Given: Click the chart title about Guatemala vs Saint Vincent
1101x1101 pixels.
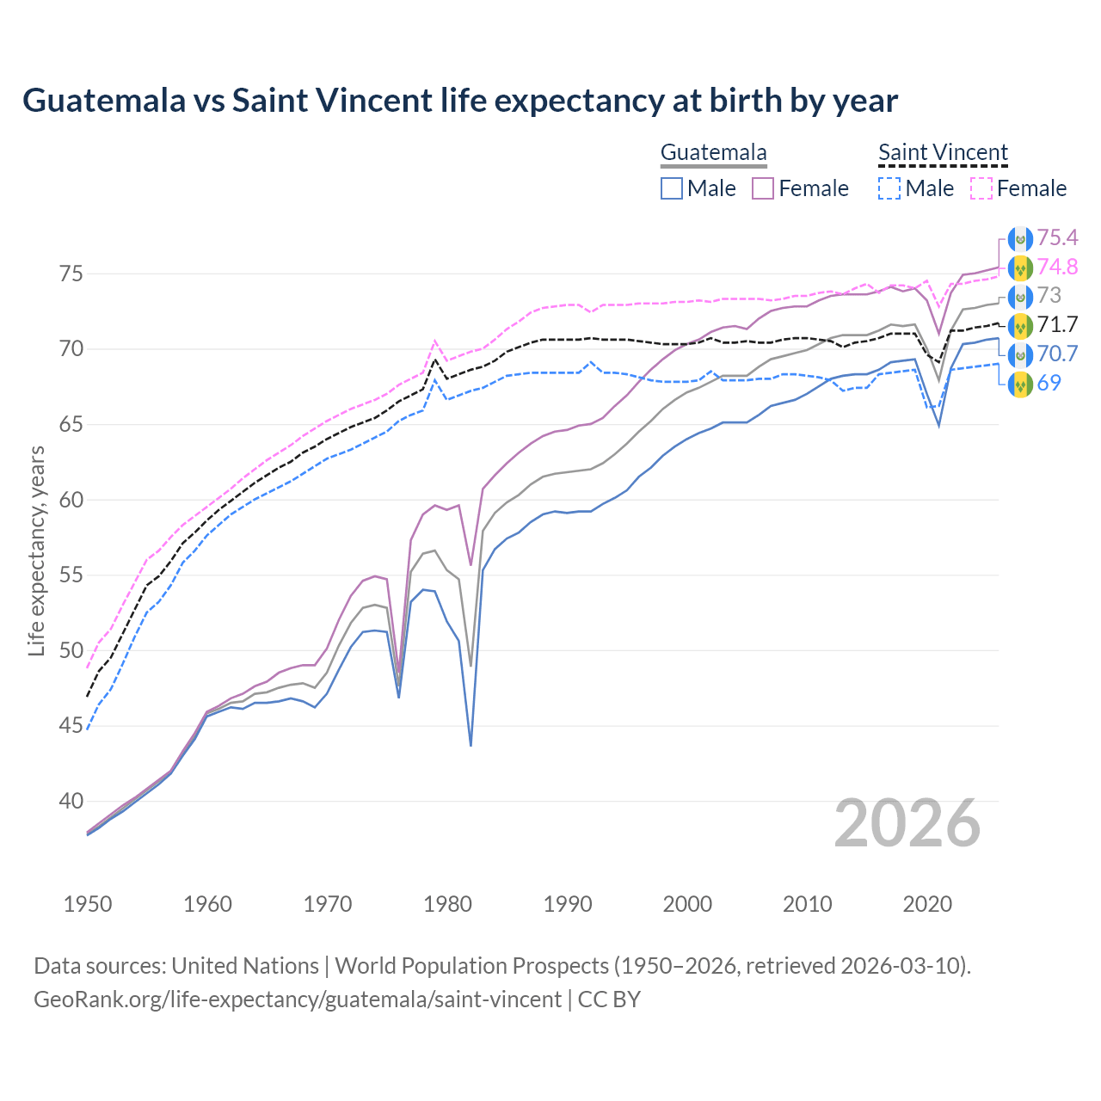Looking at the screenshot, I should coord(460,101).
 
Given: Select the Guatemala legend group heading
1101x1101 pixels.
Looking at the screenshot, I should coord(713,153).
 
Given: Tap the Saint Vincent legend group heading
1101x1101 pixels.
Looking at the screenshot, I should coord(943,153).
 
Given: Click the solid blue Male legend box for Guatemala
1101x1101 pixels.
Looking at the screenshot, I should coord(672,188).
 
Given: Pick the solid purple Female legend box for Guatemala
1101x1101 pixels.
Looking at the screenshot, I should coord(764,188).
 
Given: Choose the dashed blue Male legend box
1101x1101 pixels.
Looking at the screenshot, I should coord(889,188).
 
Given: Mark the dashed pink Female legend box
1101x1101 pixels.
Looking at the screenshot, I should coord(981,188).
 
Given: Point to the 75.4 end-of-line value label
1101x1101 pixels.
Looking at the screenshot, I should coord(1057,237).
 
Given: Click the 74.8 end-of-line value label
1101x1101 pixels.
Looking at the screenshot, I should coord(1057,267).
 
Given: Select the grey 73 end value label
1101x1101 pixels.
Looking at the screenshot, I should coord(1049,296).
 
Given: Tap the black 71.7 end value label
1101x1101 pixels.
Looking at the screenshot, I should coord(1057,324).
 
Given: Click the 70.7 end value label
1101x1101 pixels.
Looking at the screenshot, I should coord(1057,354).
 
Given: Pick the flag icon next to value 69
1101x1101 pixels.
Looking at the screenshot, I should coord(1019,383).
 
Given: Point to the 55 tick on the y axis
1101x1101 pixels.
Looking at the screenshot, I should coord(71,575).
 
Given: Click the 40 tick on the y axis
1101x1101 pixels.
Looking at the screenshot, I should coord(71,801).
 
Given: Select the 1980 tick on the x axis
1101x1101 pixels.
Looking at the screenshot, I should coord(448,904).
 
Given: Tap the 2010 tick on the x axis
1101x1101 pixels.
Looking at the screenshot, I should coord(807,904).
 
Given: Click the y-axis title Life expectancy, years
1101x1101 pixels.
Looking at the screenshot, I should coord(36,550).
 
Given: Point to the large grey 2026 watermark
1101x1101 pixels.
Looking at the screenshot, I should coord(907,823).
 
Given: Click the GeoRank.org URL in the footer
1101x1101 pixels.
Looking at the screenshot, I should coord(298,1000).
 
